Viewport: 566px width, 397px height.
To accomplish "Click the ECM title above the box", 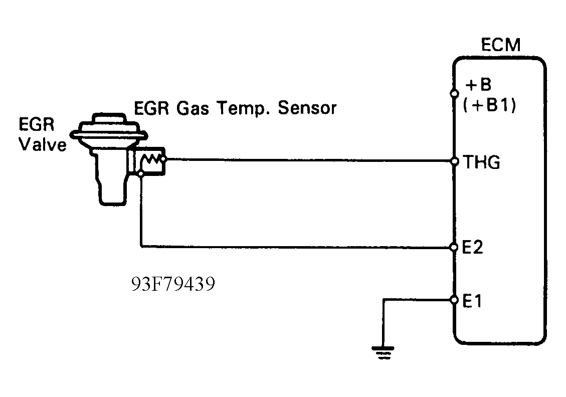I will [500, 45].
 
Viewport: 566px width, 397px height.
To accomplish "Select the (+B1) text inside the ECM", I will [489, 107].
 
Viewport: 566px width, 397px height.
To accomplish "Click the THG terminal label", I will [482, 162].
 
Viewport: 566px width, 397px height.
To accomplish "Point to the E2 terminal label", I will [473, 247].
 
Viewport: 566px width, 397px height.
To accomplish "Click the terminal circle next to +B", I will [454, 93].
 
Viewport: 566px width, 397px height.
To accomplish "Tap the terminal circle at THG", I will [454, 161].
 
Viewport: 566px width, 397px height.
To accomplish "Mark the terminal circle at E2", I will [454, 247].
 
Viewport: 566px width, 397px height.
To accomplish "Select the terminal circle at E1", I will [454, 300].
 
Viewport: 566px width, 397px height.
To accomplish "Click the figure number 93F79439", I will [173, 284].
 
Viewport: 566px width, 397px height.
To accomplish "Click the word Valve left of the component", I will [42, 145].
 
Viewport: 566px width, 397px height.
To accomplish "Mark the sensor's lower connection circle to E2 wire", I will [141, 174].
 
